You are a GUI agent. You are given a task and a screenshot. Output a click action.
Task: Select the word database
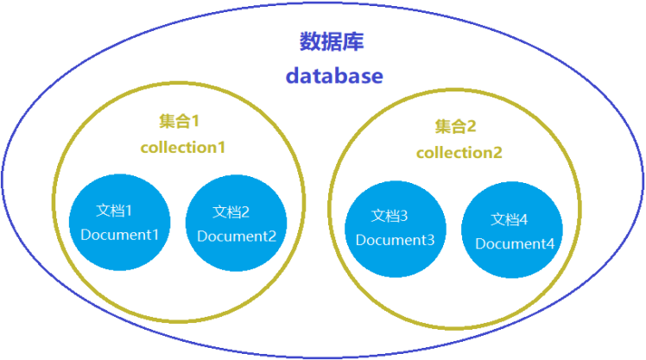(x=334, y=76)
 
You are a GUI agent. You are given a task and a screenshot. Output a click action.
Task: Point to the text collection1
(x=183, y=147)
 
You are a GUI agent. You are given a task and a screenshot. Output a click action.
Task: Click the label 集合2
(x=455, y=127)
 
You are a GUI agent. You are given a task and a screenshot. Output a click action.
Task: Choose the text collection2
(x=459, y=153)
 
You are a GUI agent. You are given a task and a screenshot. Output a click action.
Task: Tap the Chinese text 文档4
(x=509, y=218)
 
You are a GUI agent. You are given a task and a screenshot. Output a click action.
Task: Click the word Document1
(x=120, y=235)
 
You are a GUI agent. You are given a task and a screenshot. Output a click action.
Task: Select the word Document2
(x=237, y=236)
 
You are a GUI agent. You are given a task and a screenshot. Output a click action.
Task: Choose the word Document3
(x=395, y=240)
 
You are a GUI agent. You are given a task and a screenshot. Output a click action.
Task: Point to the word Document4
(x=515, y=243)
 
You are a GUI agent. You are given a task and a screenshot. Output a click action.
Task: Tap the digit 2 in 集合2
(x=472, y=127)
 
